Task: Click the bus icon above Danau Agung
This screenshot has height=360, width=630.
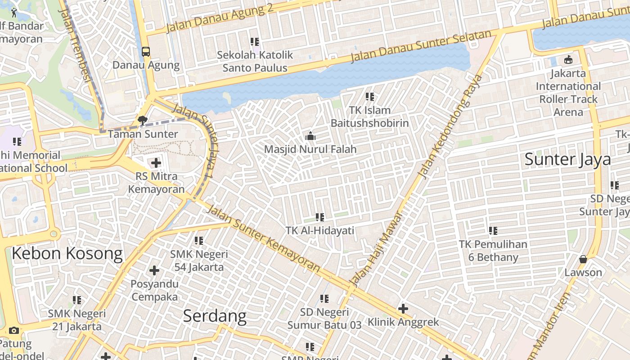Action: click(x=146, y=51)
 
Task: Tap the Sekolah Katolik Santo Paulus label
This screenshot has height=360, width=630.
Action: click(x=255, y=62)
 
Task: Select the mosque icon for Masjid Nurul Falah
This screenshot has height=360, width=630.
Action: click(x=310, y=135)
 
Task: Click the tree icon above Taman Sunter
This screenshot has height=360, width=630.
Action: click(x=143, y=120)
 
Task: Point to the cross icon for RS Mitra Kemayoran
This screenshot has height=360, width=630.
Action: click(x=156, y=162)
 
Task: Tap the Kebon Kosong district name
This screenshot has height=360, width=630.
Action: click(x=67, y=254)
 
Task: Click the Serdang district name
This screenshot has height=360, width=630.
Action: click(x=215, y=316)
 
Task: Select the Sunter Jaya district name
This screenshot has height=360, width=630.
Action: click(x=568, y=159)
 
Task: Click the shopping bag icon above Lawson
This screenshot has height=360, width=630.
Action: click(x=583, y=259)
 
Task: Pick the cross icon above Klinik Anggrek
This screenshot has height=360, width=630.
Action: click(x=403, y=309)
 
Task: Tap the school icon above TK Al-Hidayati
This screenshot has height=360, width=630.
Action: click(x=320, y=217)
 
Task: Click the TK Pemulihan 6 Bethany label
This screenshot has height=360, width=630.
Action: click(x=493, y=251)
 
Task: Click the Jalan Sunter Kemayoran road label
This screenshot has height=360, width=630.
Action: click(x=264, y=239)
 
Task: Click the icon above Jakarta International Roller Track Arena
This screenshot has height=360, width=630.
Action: click(x=568, y=59)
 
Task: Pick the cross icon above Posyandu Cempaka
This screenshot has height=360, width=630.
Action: click(x=154, y=270)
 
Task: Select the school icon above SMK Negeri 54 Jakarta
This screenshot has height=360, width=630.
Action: click(x=199, y=241)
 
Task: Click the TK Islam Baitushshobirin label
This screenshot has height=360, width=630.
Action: click(x=369, y=117)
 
